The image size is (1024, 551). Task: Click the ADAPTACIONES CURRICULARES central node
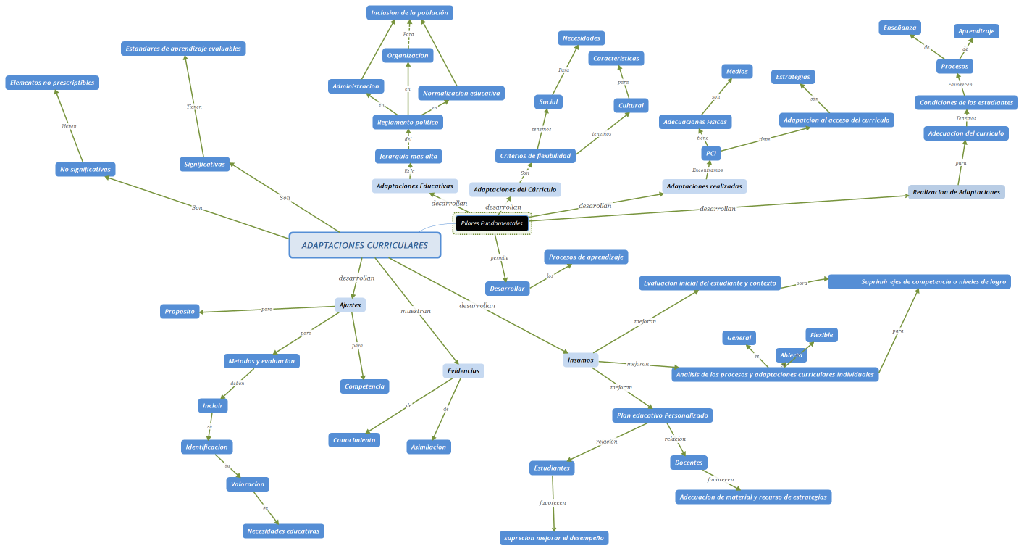point(364,245)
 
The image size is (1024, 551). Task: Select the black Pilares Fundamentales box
point(492,223)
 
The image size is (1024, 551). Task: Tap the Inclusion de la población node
point(409,12)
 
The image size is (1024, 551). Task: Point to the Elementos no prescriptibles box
point(52,83)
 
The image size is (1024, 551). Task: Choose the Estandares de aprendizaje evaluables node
point(183,49)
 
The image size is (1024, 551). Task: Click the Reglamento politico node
point(408,122)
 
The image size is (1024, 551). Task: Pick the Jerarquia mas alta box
point(408,156)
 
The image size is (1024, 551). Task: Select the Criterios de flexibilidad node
point(535,156)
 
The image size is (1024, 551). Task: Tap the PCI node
point(711,154)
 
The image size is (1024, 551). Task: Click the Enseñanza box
point(899,28)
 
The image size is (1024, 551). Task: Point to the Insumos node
point(580,360)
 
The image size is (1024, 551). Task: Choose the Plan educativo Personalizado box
point(662,415)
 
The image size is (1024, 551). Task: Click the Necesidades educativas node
point(283,531)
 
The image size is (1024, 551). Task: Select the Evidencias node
point(463,370)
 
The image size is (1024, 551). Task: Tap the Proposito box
point(180,311)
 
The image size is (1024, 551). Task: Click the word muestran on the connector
point(416,311)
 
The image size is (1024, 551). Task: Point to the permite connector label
point(499,257)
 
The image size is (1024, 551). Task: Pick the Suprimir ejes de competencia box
point(919,281)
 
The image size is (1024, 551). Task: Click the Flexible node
point(821,335)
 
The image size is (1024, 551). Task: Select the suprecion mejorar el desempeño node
point(554,538)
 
